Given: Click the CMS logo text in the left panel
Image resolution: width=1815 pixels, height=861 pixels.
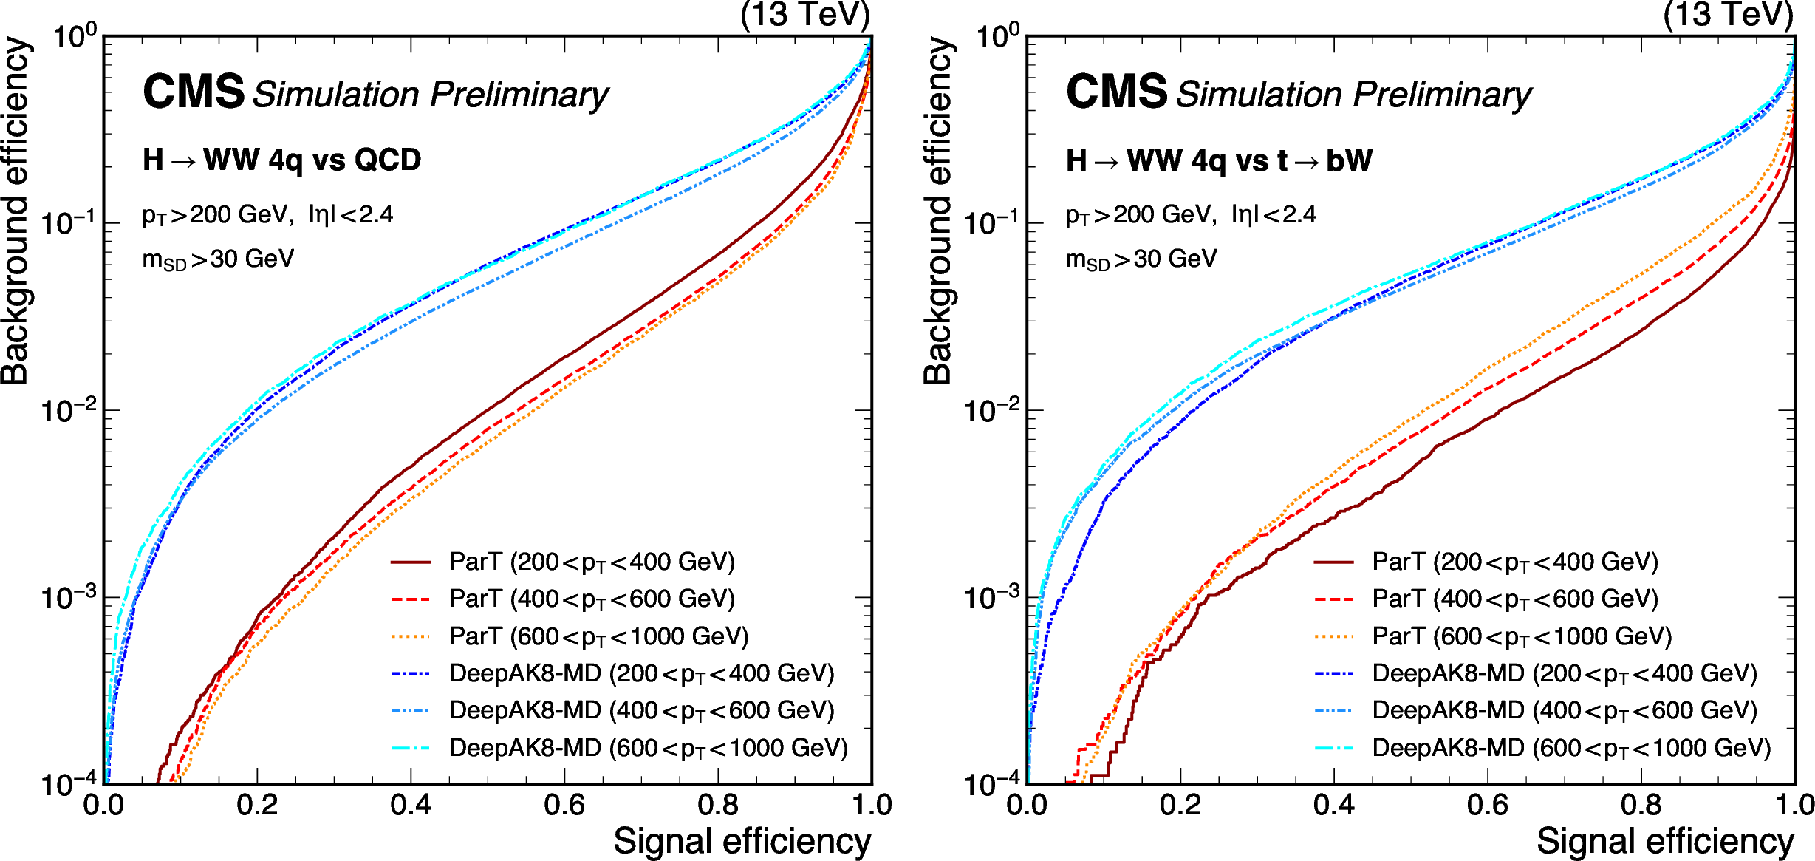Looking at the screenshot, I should click(x=193, y=92).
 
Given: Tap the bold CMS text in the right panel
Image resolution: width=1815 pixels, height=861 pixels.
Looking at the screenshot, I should click(x=1116, y=92).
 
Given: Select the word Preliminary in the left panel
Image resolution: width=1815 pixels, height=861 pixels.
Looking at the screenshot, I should click(x=519, y=95).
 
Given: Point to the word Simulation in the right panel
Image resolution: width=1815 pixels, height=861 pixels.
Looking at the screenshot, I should click(x=1259, y=95).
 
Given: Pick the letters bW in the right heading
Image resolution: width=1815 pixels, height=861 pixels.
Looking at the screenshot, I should click(x=1349, y=160).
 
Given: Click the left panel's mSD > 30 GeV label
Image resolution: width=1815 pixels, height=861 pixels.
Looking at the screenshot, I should click(x=218, y=259).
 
